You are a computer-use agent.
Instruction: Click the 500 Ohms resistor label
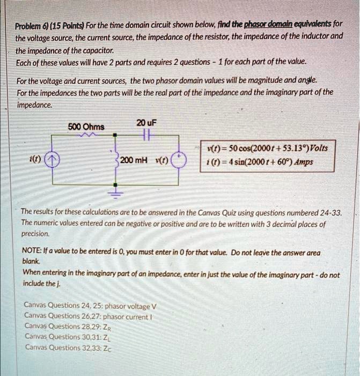pyautogui.click(x=86, y=127)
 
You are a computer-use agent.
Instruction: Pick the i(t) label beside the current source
pyautogui.click(x=34, y=160)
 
